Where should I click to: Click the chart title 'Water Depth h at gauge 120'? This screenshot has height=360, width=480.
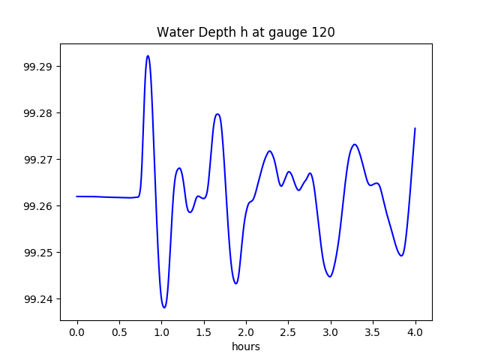tap(245, 32)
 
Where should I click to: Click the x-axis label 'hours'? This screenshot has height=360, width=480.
tap(245, 346)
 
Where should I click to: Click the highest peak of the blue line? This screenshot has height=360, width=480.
tap(148, 55)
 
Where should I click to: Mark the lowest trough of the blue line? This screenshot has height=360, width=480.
tap(164, 307)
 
